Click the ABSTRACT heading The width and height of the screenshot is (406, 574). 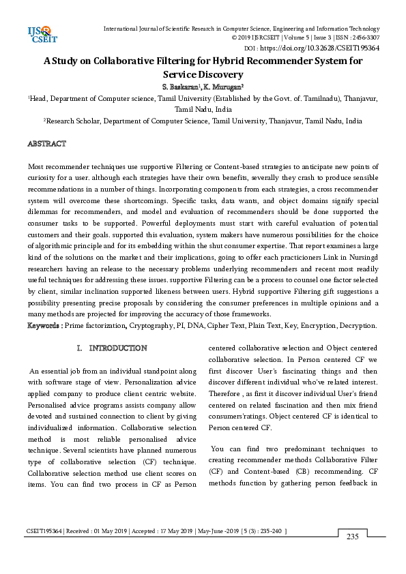coord(46,144)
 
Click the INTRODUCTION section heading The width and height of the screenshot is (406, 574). coord(118,348)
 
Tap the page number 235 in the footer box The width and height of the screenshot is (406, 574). coord(352,537)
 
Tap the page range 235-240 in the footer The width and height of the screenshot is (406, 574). coord(269,530)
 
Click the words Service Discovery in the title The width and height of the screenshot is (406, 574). coord(203,74)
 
